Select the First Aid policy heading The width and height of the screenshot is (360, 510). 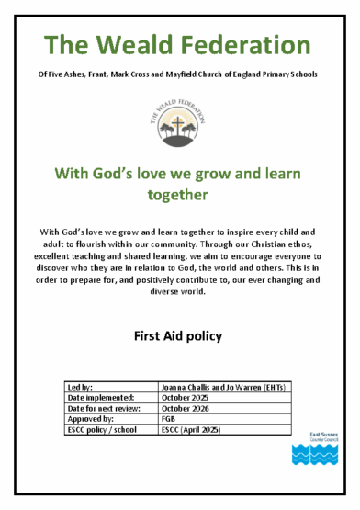coord(180,336)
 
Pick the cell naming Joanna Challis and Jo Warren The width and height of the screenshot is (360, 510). coord(221,387)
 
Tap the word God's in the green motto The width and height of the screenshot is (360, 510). coord(131,172)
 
